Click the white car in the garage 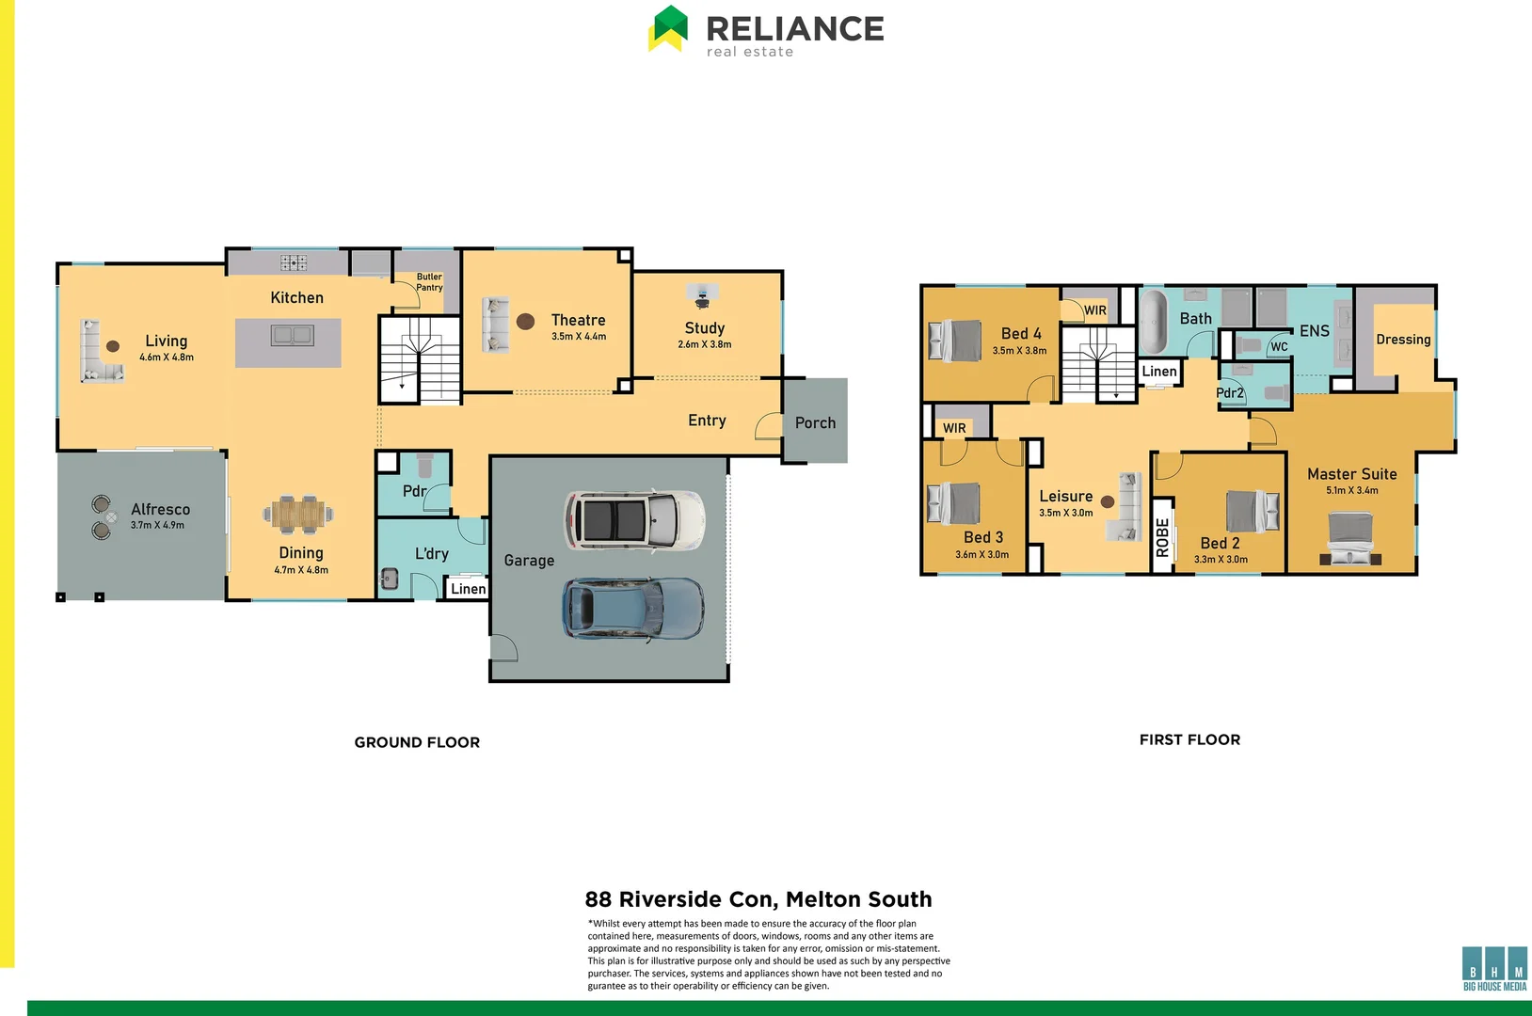634,520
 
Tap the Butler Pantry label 429,282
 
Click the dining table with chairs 298,514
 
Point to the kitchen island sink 292,335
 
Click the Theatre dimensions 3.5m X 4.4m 579,337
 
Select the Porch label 815,423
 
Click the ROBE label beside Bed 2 1163,537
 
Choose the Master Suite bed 1350,538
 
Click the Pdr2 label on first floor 1229,393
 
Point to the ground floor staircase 420,360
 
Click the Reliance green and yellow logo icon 669,28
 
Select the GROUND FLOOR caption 417,742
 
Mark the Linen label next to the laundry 468,589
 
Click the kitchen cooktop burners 293,262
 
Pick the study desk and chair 702,296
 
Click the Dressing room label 1402,340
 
